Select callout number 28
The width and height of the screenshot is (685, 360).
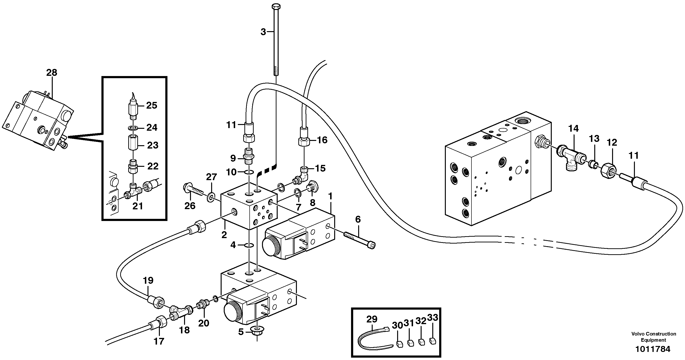[52, 73]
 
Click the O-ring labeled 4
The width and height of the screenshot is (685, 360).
[249, 245]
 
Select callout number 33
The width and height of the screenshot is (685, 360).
[433, 318]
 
